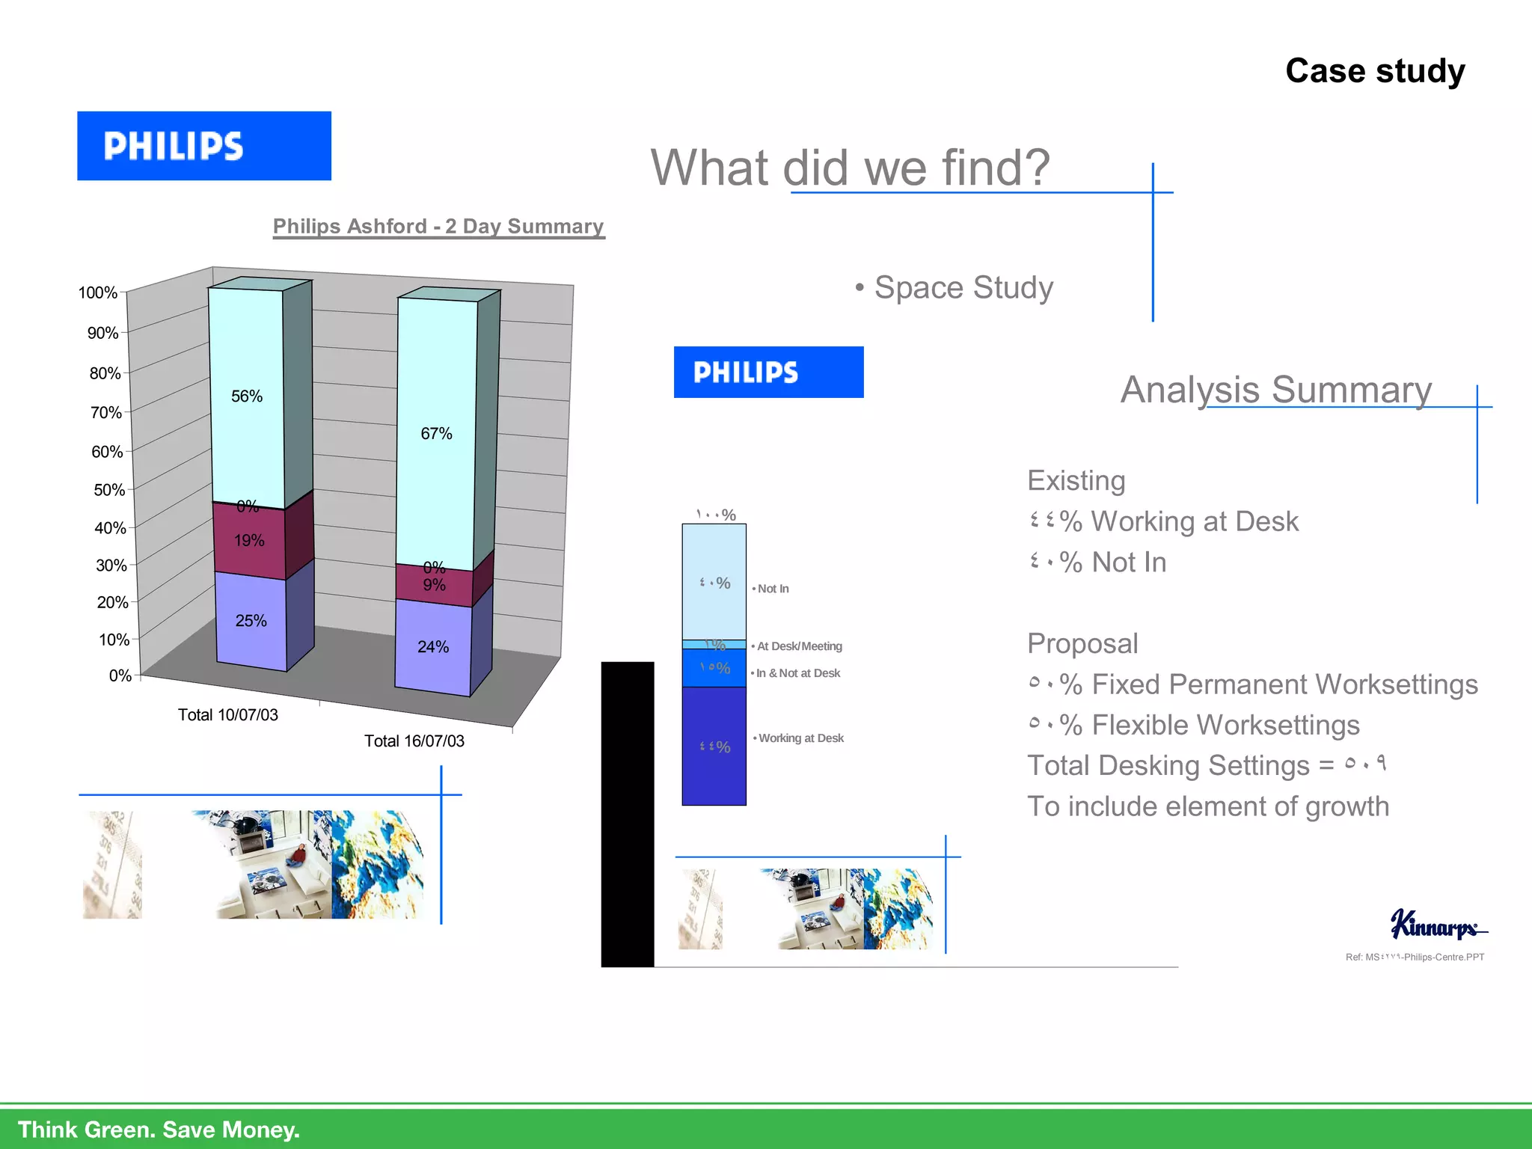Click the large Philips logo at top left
(x=203, y=146)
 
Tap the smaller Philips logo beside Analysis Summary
(x=768, y=372)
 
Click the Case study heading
(x=1374, y=71)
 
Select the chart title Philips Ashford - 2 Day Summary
(x=438, y=226)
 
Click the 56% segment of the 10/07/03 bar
(x=246, y=396)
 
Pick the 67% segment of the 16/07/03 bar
(x=436, y=433)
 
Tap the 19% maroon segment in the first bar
(x=249, y=540)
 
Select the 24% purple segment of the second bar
(x=433, y=647)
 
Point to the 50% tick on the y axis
(x=109, y=490)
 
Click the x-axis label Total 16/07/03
(x=414, y=741)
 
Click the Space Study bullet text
(x=963, y=287)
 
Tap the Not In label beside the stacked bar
(x=773, y=589)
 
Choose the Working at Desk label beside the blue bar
(x=800, y=738)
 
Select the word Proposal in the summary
(x=1082, y=643)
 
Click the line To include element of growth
(x=1207, y=806)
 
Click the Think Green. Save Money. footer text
(x=159, y=1129)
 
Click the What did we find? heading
(x=850, y=167)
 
